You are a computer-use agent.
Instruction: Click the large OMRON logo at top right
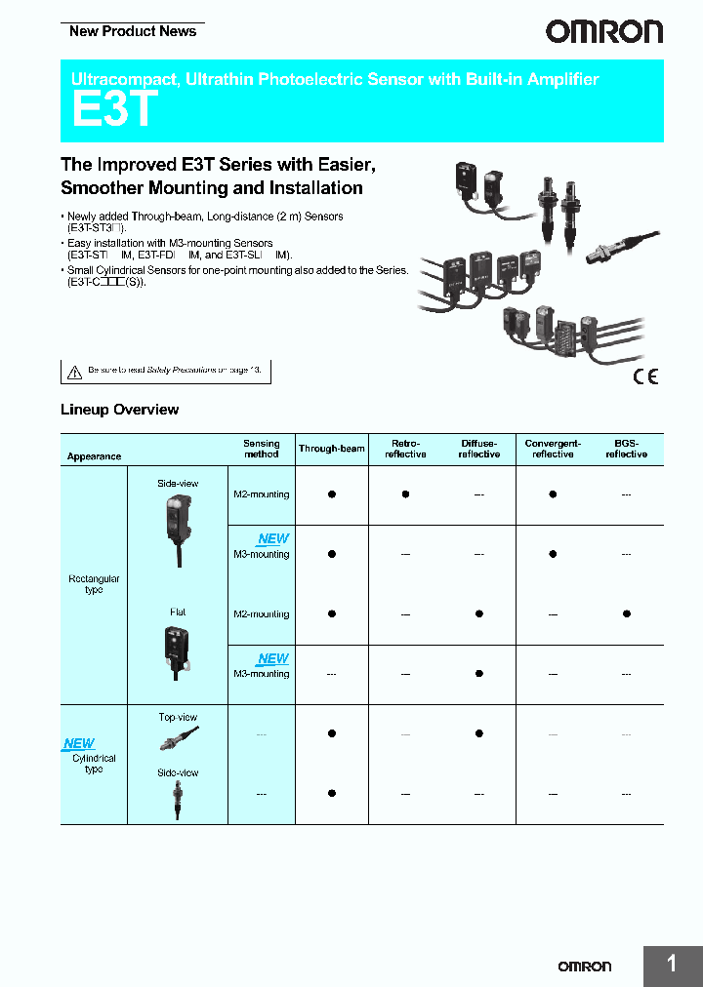[603, 32]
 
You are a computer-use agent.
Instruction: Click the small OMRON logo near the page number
[584, 966]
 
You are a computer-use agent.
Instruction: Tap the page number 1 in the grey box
[672, 965]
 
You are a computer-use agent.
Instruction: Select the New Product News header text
[133, 31]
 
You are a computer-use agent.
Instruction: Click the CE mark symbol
[645, 377]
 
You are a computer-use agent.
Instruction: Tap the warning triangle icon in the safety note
[74, 372]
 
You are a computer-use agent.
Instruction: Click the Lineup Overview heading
[119, 410]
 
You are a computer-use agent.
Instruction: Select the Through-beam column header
[331, 449]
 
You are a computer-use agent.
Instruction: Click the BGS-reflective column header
[626, 449]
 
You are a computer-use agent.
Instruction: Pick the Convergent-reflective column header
[553, 449]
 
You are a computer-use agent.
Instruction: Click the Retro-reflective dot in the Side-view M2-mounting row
[405, 494]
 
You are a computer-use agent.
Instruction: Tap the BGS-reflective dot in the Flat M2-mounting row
[626, 613]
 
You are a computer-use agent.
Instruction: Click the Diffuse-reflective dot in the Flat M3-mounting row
[478, 673]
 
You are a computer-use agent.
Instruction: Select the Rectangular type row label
[94, 584]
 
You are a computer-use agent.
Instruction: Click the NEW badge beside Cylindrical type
[79, 743]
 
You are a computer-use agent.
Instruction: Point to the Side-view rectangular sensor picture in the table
[178, 527]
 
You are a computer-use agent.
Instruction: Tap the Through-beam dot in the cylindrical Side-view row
[331, 793]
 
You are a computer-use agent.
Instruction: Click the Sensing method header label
[261, 449]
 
